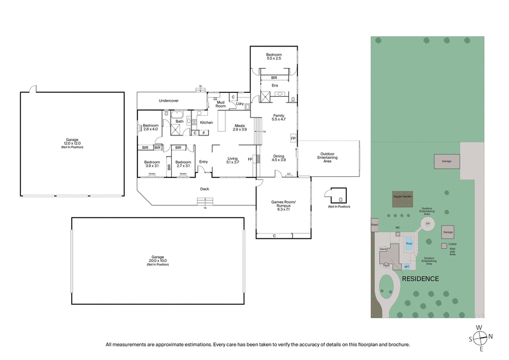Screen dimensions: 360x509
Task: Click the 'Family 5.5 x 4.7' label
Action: click(279, 117)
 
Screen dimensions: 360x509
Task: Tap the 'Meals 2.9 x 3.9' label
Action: click(240, 127)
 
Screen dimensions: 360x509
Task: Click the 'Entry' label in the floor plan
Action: click(204, 162)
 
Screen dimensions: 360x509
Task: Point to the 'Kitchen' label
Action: click(206, 122)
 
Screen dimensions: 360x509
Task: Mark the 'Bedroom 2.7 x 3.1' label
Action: click(183, 163)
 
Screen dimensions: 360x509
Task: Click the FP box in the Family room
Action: click(293, 138)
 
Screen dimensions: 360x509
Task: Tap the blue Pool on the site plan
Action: click(409, 243)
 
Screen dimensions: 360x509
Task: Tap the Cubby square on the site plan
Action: click(443, 246)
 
